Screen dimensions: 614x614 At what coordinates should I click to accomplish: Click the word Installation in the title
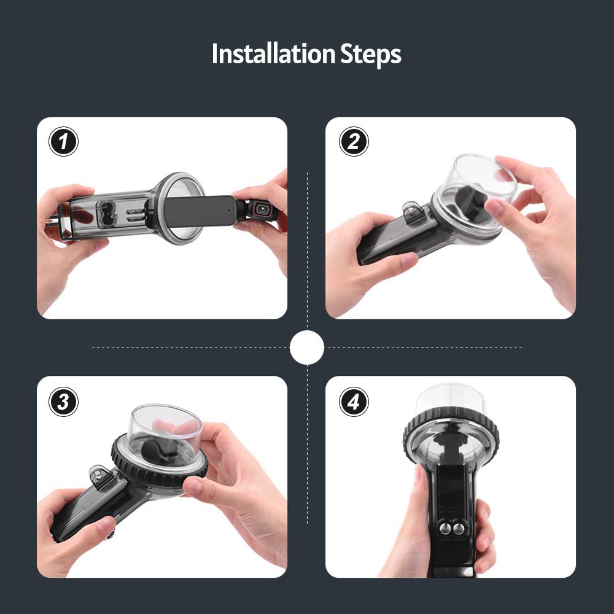point(273,53)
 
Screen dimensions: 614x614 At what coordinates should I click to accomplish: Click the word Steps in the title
point(371,55)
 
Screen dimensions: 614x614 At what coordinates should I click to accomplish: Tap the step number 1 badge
point(63,141)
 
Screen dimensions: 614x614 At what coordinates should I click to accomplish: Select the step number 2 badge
point(354,141)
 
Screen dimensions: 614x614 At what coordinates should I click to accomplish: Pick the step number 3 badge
point(63,402)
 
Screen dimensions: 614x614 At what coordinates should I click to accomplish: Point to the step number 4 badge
point(354,402)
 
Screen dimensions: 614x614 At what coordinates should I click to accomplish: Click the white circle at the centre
point(307,348)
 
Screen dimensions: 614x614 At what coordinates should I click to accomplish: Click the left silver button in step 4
point(445,529)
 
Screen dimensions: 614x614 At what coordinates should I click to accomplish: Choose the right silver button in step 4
point(459,529)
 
